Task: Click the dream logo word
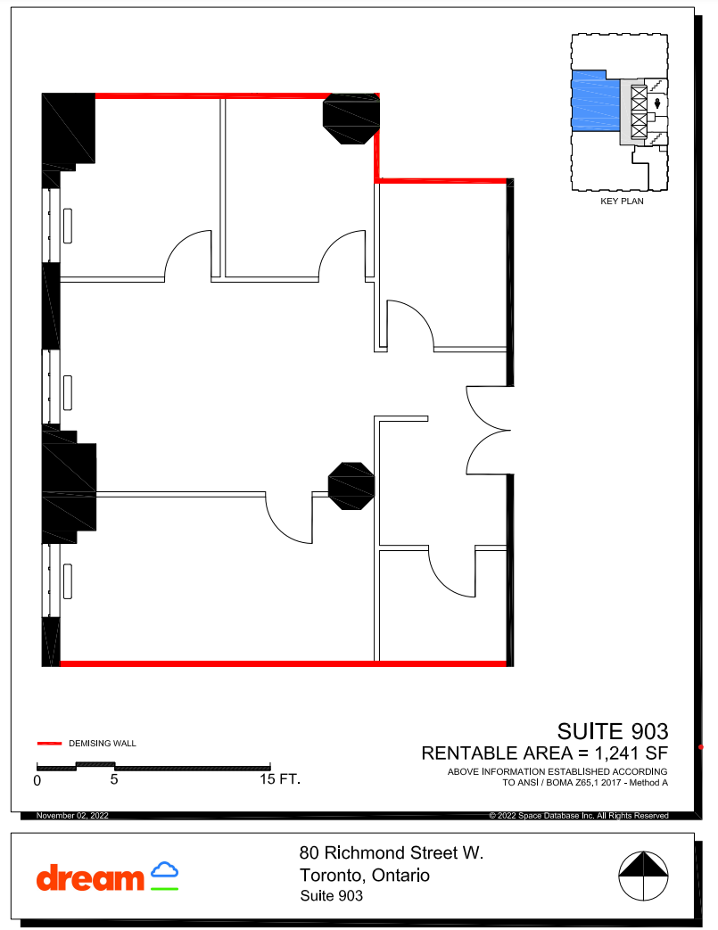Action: tap(89, 877)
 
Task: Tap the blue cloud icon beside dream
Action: tap(164, 871)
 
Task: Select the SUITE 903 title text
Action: tap(612, 732)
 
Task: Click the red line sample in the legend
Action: tap(48, 743)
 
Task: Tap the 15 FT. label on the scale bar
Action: tap(280, 779)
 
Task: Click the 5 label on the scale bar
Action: tap(114, 779)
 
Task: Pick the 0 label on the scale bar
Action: tap(37, 779)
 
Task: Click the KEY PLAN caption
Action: tap(622, 202)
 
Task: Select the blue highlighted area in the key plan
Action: tap(595, 103)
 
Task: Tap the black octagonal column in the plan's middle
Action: tap(351, 486)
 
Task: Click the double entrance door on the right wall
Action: tap(489, 431)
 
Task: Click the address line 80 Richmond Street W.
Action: tap(392, 853)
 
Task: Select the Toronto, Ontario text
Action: tap(365, 876)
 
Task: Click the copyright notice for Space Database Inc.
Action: tap(579, 816)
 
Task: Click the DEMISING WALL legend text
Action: tap(103, 743)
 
